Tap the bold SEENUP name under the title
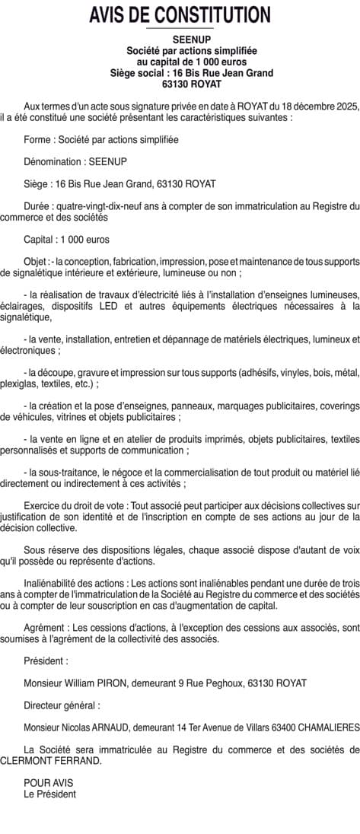click(180, 38)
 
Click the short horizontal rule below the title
click(180, 28)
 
